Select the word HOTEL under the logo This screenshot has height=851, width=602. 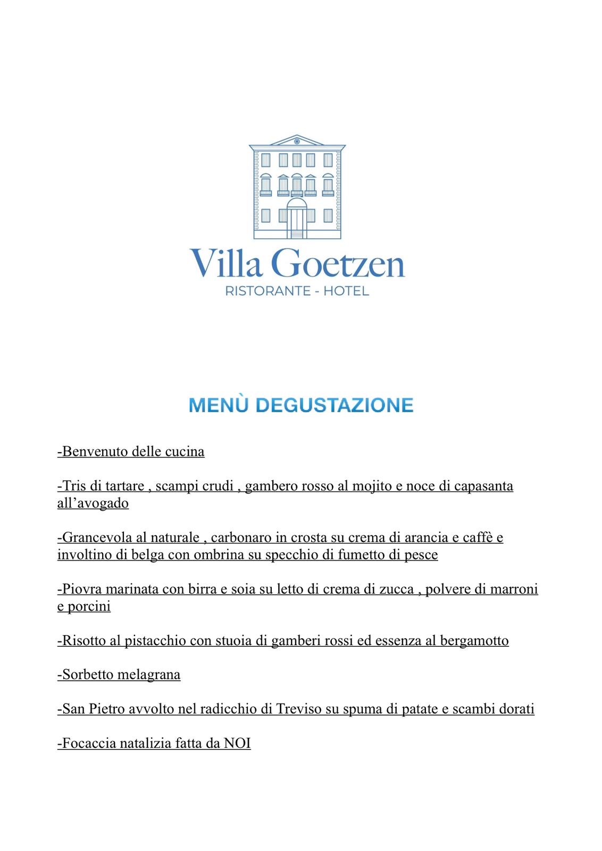tap(346, 291)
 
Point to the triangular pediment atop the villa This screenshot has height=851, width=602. tap(297, 141)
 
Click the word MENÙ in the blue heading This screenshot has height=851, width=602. tap(219, 405)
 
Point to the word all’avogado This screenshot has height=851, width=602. tap(93, 503)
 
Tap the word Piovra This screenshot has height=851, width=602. tap(82, 589)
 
